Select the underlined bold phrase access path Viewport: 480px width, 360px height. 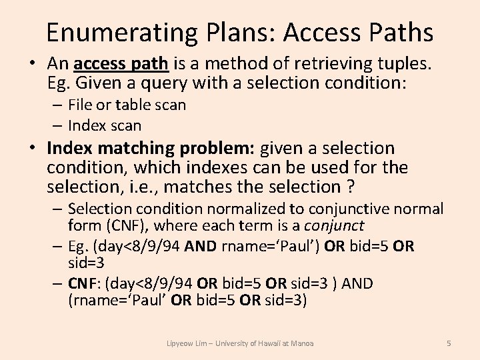122,64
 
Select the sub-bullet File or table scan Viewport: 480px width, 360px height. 127,105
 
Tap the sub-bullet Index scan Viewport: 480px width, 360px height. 105,125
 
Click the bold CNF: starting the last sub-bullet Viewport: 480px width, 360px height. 84,283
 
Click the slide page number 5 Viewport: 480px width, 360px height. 449,343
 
